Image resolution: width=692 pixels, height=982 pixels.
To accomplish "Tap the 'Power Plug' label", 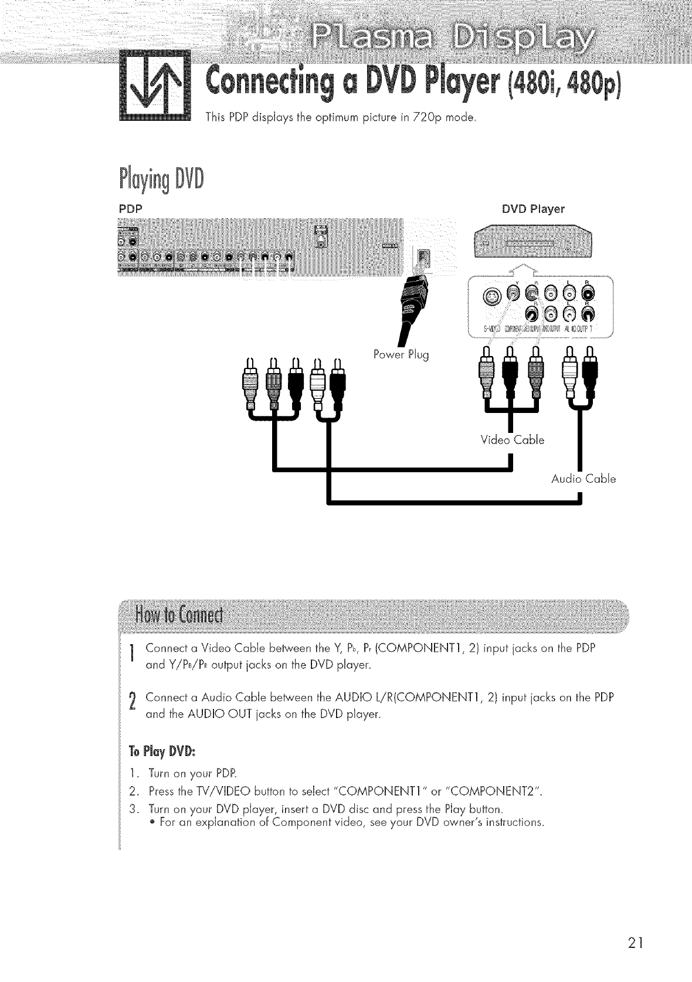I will [401, 355].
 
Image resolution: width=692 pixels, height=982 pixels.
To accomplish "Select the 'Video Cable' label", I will [512, 439].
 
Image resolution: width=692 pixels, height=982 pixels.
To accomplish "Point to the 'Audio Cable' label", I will [584, 479].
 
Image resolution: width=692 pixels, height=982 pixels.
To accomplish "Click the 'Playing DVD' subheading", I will [162, 178].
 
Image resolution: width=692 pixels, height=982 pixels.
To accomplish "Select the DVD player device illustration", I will [532, 241].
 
